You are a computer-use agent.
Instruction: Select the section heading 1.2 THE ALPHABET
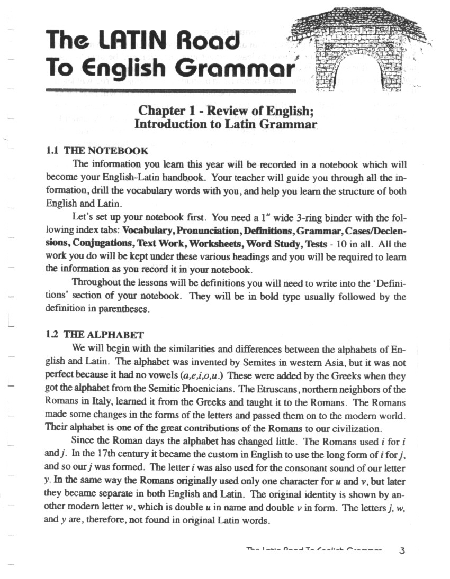coord(95,335)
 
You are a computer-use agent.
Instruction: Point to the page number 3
coord(402,550)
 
